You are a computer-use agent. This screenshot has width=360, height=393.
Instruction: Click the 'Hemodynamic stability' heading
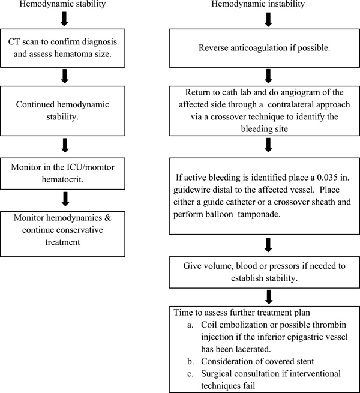(x=62, y=4)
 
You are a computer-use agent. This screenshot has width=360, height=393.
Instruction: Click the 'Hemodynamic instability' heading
(x=258, y=4)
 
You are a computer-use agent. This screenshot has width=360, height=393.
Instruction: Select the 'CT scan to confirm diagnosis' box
(x=62, y=48)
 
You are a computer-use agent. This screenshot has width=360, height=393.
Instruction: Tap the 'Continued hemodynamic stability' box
(x=62, y=111)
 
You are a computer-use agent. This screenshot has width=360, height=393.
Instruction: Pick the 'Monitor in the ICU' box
(x=62, y=173)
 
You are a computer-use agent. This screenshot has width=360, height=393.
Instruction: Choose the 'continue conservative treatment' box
(x=62, y=234)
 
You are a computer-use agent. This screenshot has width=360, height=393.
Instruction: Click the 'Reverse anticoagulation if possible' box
(x=265, y=48)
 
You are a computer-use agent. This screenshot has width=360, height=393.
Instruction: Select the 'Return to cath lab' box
(x=265, y=111)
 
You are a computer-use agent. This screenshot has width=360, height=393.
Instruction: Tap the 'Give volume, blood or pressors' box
(x=265, y=272)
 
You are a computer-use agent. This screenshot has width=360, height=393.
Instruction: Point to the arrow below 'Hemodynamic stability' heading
(x=64, y=20)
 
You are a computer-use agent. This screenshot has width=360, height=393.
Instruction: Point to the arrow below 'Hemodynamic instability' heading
(x=268, y=20)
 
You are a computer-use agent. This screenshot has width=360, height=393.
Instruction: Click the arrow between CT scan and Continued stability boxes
(x=65, y=76)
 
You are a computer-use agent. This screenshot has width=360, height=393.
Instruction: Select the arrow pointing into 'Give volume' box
(x=268, y=245)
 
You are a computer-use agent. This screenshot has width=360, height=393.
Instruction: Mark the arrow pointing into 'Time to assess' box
(x=269, y=297)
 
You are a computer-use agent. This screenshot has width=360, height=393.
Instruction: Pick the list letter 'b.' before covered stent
(x=190, y=361)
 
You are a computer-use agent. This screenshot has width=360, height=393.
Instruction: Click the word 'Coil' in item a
(x=209, y=325)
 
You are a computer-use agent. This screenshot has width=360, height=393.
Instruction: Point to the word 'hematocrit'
(x=62, y=180)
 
